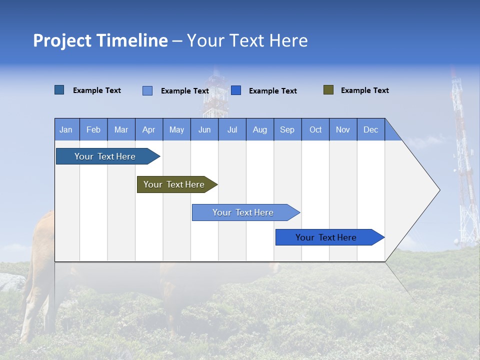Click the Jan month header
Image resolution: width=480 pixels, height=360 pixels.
click(x=66, y=129)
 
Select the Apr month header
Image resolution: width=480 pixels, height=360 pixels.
click(x=148, y=129)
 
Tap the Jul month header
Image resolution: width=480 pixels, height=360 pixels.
click(x=232, y=129)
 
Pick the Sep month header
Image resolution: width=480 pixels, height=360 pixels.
click(x=287, y=129)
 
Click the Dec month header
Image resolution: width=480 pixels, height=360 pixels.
click(x=370, y=129)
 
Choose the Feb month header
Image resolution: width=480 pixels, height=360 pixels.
click(x=93, y=129)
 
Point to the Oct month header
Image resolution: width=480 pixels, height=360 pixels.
click(x=315, y=129)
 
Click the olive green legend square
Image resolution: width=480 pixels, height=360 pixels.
click(x=328, y=90)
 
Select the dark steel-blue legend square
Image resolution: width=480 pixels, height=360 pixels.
click(x=59, y=90)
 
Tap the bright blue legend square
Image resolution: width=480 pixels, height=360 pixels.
click(x=236, y=90)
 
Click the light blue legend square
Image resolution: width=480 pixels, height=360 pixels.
click(x=147, y=90)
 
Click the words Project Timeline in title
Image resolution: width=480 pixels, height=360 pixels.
click(x=100, y=40)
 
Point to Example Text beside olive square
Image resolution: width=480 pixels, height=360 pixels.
click(x=364, y=90)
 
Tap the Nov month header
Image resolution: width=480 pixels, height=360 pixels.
click(x=343, y=129)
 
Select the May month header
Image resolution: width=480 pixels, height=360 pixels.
click(x=176, y=129)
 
